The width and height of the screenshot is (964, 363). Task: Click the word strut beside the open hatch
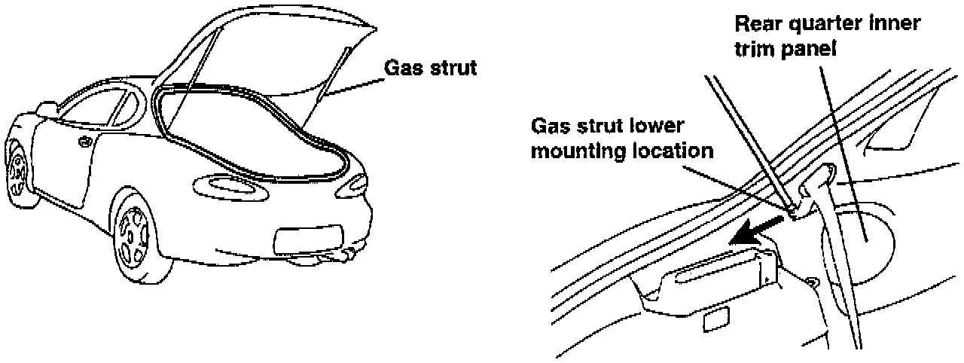453,68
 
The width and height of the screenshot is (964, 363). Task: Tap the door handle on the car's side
84,141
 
